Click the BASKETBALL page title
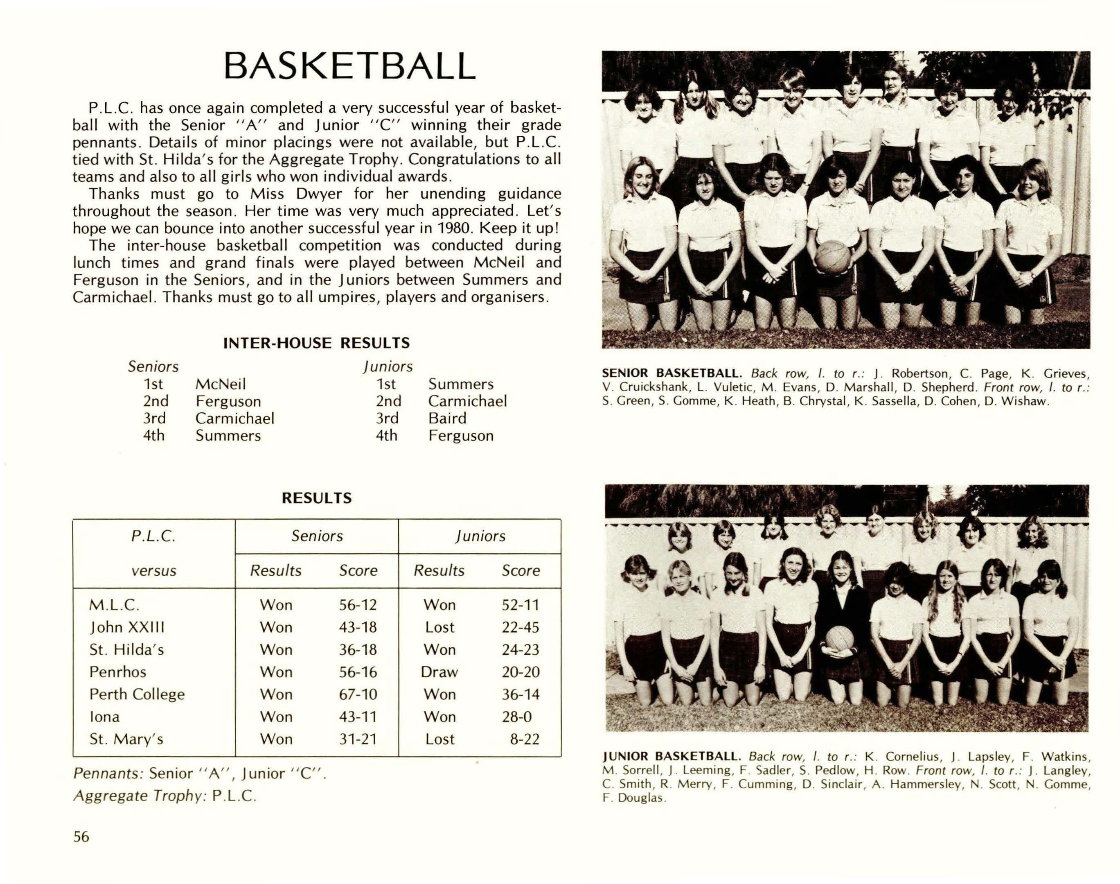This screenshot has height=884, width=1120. click(349, 66)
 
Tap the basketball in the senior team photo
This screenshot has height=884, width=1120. click(832, 257)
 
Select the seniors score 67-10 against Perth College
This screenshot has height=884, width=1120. click(358, 694)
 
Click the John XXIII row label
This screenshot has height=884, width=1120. click(127, 627)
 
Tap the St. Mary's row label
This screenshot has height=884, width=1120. click(126, 739)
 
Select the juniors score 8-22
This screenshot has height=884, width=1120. click(525, 739)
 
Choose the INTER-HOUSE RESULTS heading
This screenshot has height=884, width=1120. click(316, 343)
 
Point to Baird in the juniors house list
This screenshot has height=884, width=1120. click(447, 418)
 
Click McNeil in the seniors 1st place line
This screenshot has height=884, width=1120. click(221, 384)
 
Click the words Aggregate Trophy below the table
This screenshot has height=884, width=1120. click(138, 796)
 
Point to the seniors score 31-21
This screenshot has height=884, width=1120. click(358, 739)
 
